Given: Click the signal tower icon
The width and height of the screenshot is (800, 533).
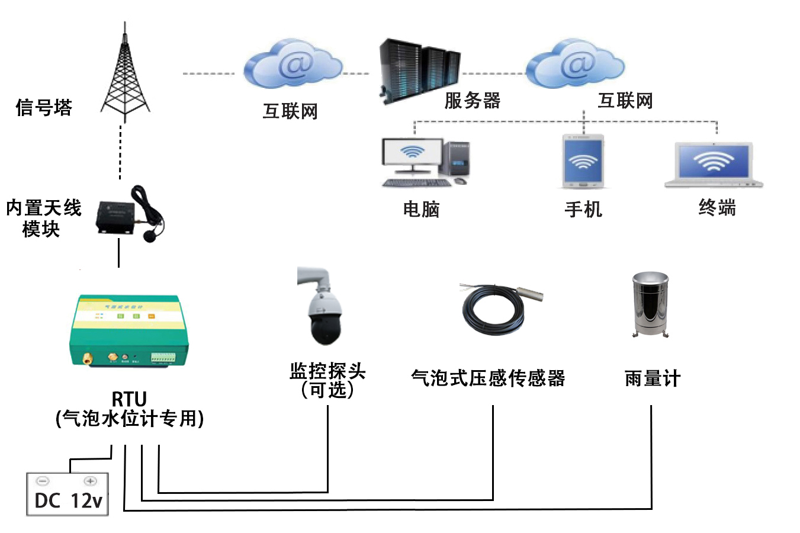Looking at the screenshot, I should [x=124, y=74].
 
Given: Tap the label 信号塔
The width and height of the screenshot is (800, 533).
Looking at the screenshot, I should [x=44, y=108].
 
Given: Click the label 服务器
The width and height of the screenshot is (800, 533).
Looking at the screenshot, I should [x=472, y=101].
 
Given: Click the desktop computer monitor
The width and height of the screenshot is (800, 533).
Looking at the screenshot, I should [x=413, y=154].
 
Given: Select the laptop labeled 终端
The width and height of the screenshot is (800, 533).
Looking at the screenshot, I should [x=714, y=163].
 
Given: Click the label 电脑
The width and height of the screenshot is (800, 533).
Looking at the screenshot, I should [x=421, y=209].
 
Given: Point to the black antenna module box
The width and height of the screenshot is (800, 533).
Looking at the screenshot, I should [x=117, y=216].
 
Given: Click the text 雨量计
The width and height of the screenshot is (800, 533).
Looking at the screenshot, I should [x=652, y=378].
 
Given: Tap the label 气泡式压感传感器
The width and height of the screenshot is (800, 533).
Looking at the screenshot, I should [x=488, y=378].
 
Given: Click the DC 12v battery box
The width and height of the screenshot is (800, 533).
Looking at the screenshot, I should [x=68, y=495].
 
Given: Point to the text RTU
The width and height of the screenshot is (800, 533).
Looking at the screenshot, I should [x=129, y=399].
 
